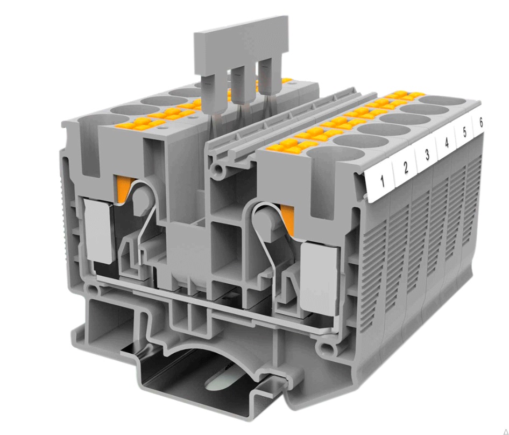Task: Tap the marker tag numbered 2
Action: [405, 168]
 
